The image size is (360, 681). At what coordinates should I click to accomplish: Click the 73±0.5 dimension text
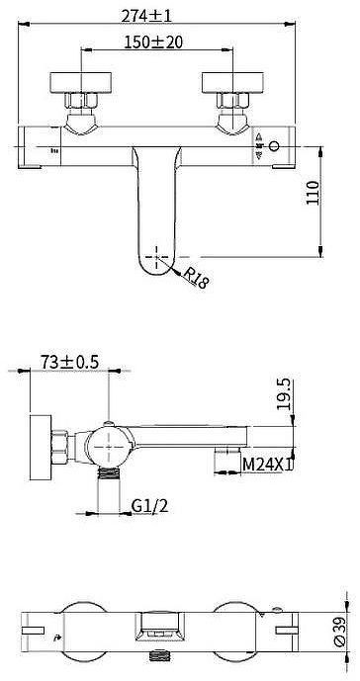coord(69,364)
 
